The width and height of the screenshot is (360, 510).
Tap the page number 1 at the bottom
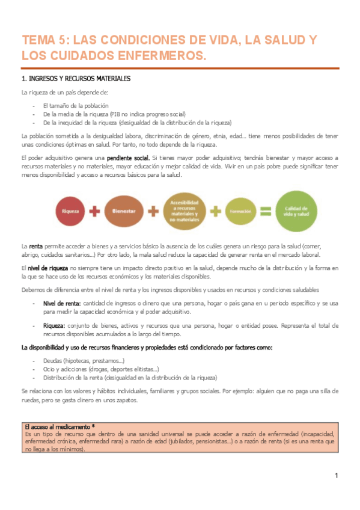tap(337, 476)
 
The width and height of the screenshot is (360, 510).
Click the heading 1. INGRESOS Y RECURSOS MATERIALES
tap(76, 79)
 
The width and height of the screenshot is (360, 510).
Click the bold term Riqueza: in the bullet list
tap(56, 325)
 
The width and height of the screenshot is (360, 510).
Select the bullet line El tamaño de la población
tap(76, 105)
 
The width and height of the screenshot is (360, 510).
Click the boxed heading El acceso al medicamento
tap(59, 425)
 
